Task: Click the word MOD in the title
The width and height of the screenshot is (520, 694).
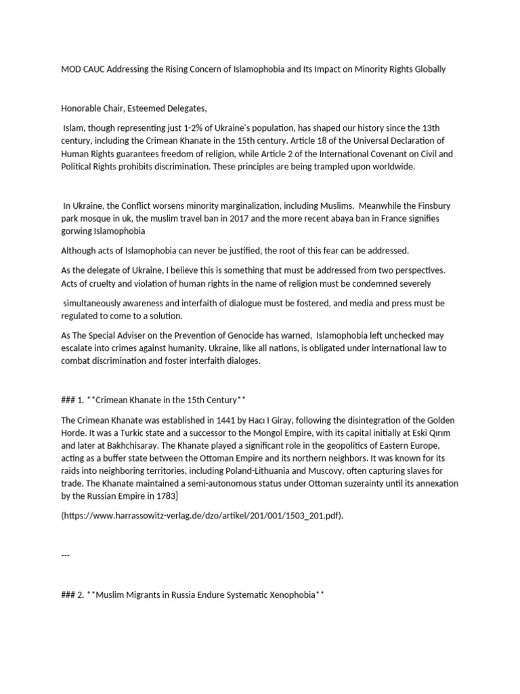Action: point(71,70)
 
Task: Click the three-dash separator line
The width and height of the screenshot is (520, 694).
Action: point(66,555)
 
